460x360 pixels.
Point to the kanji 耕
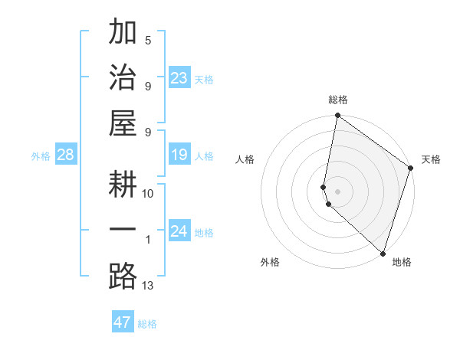pyautogui.click(x=123, y=185)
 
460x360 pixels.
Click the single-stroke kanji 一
pyautogui.click(x=123, y=231)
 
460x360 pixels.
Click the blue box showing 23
pyautogui.click(x=179, y=78)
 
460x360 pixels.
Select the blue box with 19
pyautogui.click(x=179, y=155)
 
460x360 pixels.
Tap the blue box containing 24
pyautogui.click(x=179, y=231)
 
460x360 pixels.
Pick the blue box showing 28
pyautogui.click(x=65, y=155)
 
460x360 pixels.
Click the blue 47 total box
pyautogui.click(x=122, y=322)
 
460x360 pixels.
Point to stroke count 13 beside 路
pyautogui.click(x=148, y=286)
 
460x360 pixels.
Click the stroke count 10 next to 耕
pyautogui.click(x=148, y=194)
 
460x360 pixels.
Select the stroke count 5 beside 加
pyautogui.click(x=148, y=40)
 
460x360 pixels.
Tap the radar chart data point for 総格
pyautogui.click(x=337, y=116)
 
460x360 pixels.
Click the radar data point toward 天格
pyautogui.click(x=411, y=169)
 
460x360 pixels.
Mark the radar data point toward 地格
pyautogui.click(x=383, y=254)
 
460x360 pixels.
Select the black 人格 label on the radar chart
pyautogui.click(x=245, y=159)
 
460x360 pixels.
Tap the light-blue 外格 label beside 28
pyautogui.click(x=41, y=156)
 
